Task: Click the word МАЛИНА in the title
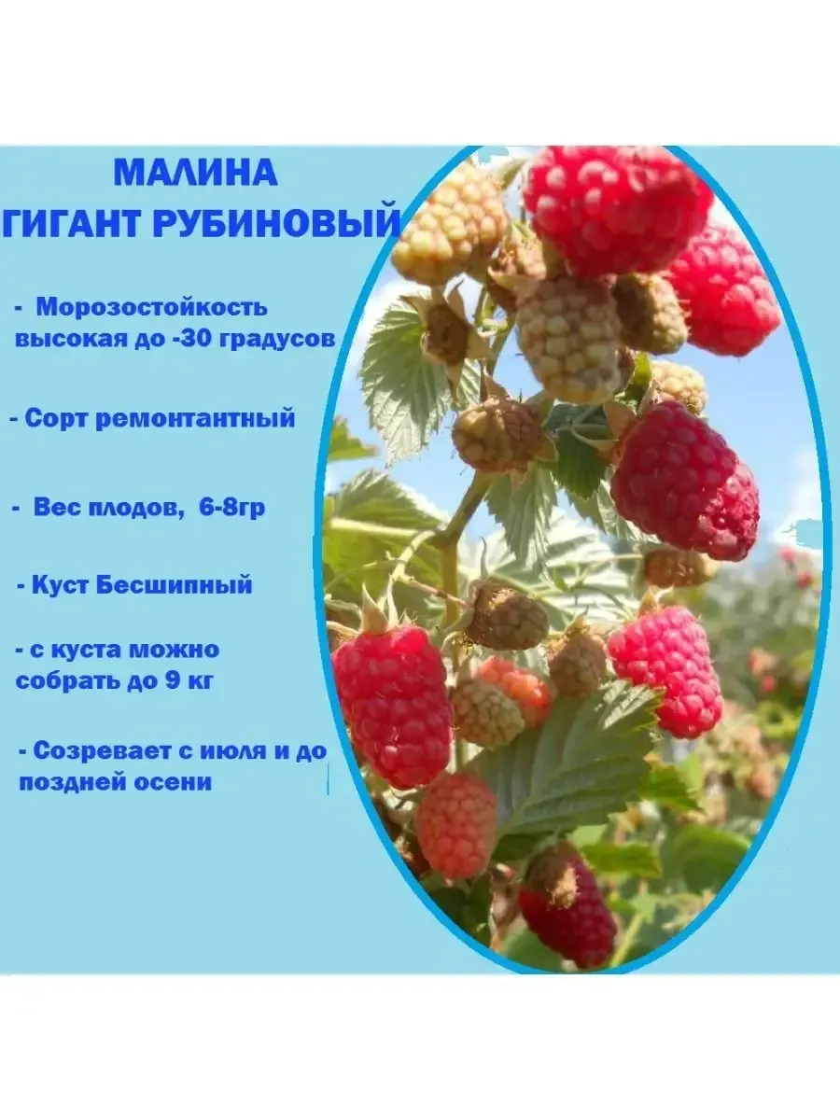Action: click(195, 174)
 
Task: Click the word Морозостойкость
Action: click(152, 308)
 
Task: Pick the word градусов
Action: click(277, 340)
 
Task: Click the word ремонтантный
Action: click(195, 419)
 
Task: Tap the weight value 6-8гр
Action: click(232, 509)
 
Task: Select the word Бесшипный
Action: click(175, 585)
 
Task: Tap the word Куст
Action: click(62, 585)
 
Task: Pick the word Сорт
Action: click(57, 418)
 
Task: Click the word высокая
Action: click(69, 339)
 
